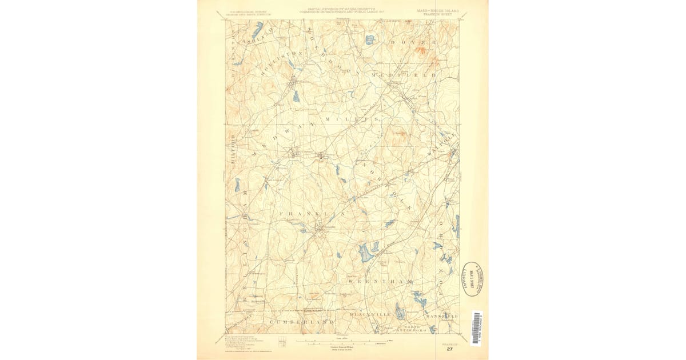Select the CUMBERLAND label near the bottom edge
[x=301, y=322]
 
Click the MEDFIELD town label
[x=404, y=75]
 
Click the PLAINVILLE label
[x=370, y=315]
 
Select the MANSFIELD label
[x=441, y=315]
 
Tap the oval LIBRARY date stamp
[x=472, y=278]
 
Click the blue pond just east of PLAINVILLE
[x=399, y=311]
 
